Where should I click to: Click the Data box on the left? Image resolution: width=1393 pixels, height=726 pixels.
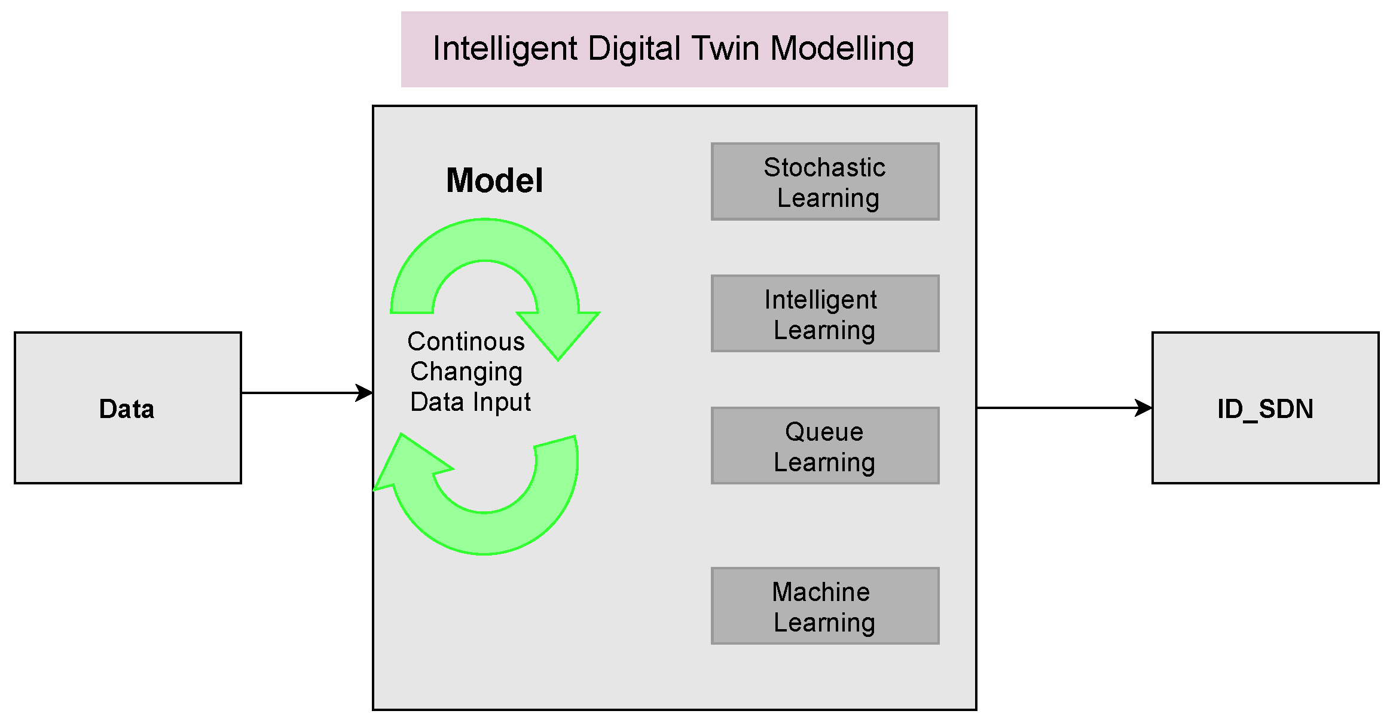127,408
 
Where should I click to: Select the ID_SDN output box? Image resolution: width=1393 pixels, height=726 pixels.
1265,408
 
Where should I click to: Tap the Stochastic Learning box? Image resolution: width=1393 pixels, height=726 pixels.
824,182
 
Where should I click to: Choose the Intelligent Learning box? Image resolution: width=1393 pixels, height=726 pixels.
824,314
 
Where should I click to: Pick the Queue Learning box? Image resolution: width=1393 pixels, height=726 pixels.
824,446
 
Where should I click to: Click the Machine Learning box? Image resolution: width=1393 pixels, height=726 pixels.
824,606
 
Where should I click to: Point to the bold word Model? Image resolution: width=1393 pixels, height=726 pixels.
494,181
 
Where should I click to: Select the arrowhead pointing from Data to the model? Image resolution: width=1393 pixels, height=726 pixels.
364,393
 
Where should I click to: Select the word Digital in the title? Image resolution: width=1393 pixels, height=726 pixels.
634,48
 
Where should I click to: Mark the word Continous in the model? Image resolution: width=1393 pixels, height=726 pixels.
466,341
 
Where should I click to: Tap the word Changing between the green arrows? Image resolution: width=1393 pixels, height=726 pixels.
466,372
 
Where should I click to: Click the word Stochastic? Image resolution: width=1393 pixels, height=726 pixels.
824,167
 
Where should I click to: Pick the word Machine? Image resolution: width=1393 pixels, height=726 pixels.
821,592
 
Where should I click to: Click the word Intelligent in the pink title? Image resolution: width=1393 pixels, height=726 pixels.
505,48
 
